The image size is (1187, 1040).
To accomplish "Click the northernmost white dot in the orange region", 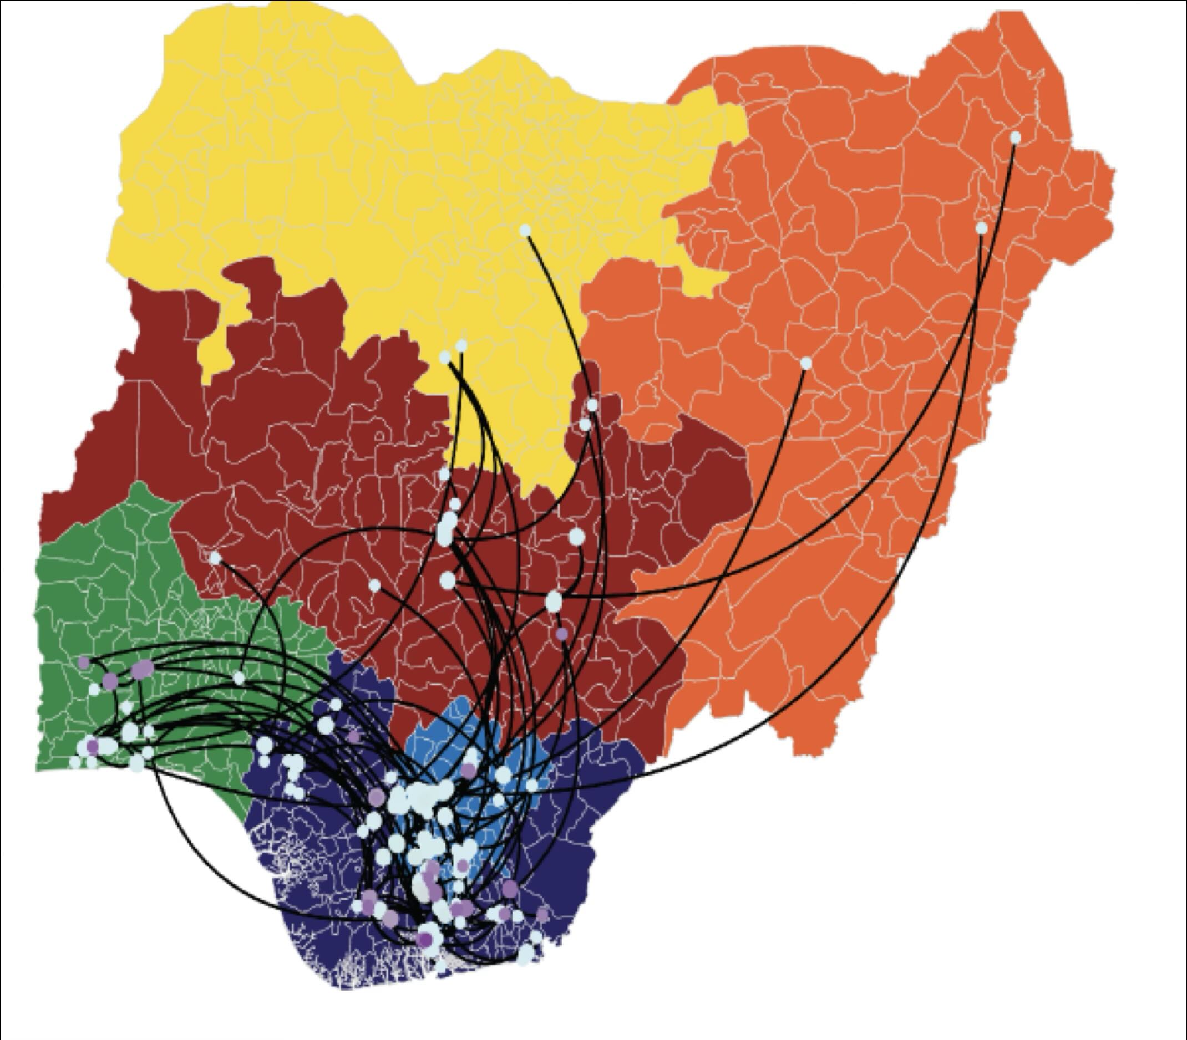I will tap(1015, 137).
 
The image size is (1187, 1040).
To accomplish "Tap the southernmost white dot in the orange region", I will tap(805, 363).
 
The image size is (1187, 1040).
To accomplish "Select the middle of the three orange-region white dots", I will tap(981, 228).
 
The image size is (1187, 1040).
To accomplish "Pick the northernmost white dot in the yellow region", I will tap(525, 231).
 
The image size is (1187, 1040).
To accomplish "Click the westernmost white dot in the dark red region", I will tap(215, 558).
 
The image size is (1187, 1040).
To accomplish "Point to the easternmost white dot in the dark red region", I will tap(576, 536).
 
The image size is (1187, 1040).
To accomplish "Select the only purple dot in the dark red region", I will tap(561, 634).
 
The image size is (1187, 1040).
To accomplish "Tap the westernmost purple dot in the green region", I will tap(84, 662).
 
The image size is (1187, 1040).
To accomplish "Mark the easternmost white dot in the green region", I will tap(239, 678).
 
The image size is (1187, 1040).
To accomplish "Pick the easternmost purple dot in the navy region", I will tap(542, 915).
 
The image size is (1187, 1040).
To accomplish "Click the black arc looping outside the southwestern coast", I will tap(191, 859).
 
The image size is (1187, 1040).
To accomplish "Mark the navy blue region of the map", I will tap(581, 813).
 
